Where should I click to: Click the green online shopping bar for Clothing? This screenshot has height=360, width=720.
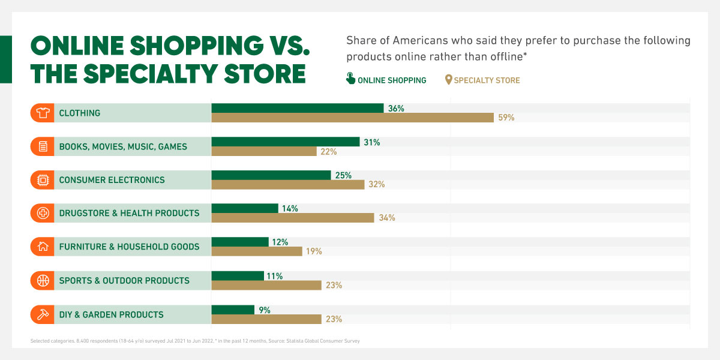297,108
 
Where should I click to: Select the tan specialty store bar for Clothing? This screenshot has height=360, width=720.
352,118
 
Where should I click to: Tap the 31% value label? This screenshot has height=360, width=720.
371,142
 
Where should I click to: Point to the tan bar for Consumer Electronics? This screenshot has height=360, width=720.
287,185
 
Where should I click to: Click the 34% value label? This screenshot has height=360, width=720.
387,218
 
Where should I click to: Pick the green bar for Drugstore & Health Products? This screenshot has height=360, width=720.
245,208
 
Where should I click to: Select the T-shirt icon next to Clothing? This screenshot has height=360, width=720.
43,113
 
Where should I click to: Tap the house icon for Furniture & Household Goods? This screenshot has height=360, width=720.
43,247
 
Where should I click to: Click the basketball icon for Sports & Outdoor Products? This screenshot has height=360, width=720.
43,280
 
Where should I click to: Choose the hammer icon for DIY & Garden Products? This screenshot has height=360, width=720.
43,314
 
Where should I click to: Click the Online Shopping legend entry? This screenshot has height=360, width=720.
386,80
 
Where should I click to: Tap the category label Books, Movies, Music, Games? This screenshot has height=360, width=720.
123,146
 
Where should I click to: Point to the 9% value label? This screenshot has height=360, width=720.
265,310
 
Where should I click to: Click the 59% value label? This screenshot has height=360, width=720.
506,118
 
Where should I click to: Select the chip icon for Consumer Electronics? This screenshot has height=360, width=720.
43,180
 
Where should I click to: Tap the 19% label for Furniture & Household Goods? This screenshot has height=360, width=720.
314,251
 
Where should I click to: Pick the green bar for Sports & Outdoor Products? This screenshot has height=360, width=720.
238,275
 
